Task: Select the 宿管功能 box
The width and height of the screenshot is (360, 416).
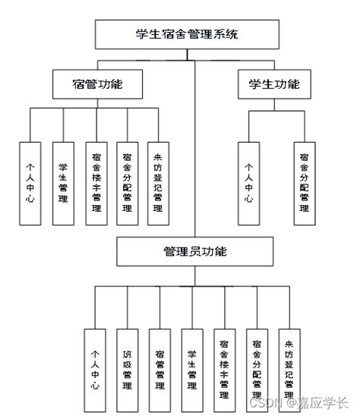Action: [x=98, y=84]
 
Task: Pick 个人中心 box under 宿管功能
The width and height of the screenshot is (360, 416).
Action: [x=30, y=183]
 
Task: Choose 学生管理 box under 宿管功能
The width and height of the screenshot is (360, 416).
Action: [x=63, y=183]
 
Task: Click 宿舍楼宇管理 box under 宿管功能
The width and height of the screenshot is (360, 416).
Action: [x=96, y=183]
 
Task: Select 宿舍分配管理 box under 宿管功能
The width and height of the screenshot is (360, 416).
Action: [x=127, y=183]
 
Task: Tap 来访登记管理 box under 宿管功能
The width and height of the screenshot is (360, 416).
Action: [x=158, y=183]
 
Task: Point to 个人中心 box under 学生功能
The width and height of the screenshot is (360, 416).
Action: [x=248, y=183]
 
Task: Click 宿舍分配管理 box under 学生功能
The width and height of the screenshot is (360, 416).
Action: [x=305, y=183]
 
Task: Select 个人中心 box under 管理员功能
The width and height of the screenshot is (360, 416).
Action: [x=95, y=368]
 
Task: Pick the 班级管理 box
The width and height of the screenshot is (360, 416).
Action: [x=127, y=368]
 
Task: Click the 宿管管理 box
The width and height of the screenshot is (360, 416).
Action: [x=159, y=368]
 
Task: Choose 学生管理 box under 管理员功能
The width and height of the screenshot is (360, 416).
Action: [x=192, y=368]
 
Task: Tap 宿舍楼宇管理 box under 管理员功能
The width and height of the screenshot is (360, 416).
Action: [x=225, y=368]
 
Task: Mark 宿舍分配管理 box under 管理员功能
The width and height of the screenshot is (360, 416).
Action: [x=257, y=368]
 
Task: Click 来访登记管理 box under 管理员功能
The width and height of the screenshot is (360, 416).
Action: [x=289, y=368]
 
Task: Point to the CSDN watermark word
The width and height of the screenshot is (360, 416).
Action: [x=268, y=402]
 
